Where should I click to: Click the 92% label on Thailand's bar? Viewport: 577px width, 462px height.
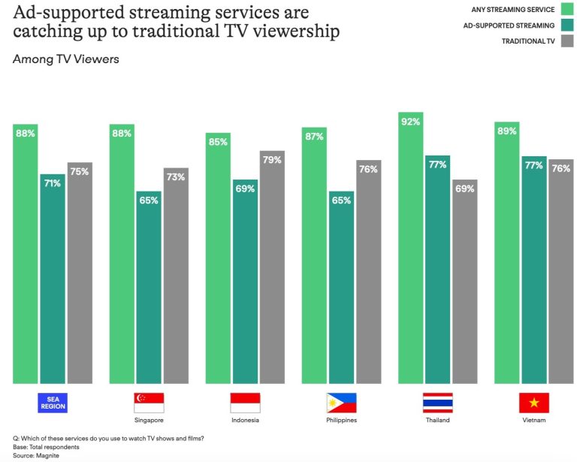(x=410, y=121)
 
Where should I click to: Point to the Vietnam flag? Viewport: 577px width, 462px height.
(x=533, y=403)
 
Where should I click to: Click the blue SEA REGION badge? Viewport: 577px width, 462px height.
(x=53, y=403)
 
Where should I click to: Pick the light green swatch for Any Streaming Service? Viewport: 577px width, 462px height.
(x=567, y=9)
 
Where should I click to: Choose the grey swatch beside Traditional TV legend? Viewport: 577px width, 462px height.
(x=567, y=41)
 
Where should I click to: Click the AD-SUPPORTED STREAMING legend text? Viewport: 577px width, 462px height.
(x=509, y=26)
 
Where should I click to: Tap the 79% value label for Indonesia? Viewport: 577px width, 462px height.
(x=272, y=159)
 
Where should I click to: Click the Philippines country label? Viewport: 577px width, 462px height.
(x=342, y=420)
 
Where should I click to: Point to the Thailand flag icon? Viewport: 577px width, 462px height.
(x=437, y=403)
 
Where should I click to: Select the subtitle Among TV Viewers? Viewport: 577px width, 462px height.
(x=66, y=59)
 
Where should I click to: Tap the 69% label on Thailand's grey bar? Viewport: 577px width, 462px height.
(x=464, y=189)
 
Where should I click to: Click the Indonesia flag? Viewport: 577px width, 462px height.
(x=246, y=403)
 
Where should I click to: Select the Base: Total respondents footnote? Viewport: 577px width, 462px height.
(x=45, y=447)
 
